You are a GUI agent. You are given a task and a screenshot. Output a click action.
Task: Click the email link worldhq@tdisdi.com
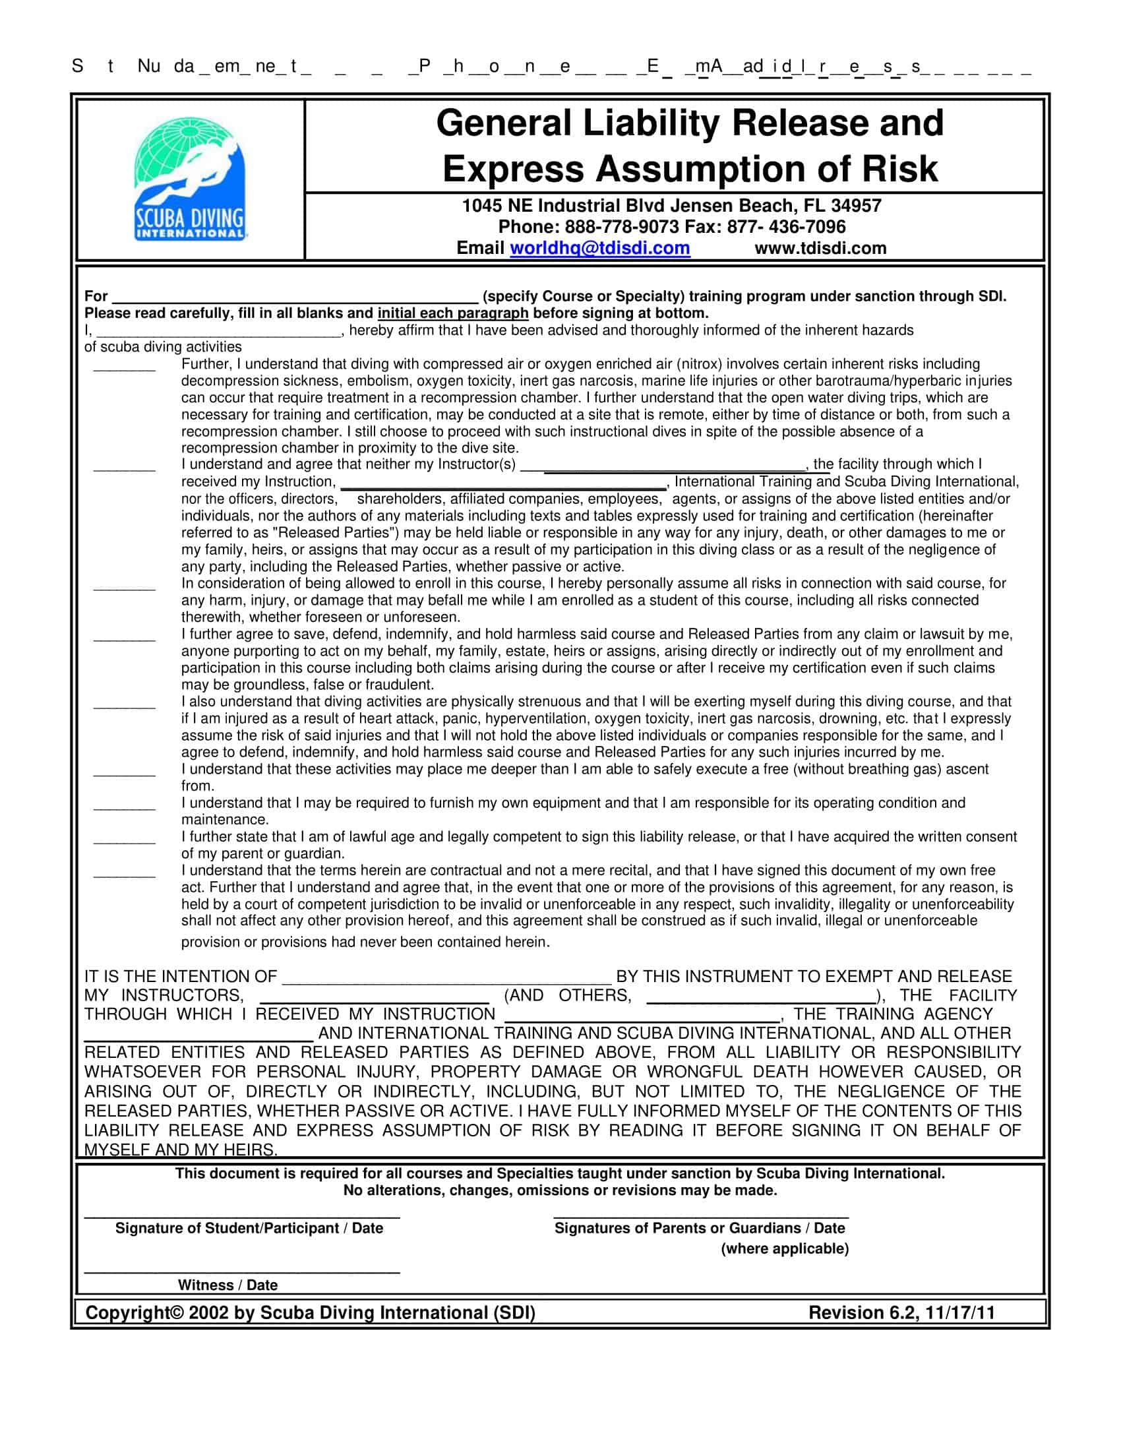(599, 249)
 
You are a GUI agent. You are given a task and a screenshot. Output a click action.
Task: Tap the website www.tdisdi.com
(820, 249)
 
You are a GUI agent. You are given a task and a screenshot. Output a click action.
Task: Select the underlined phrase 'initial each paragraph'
(453, 313)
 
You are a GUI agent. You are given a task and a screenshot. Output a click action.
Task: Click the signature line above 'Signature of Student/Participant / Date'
(243, 1215)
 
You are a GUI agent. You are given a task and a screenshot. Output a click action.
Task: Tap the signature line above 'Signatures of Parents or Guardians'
(702, 1215)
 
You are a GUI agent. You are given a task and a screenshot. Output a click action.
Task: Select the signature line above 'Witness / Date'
(243, 1272)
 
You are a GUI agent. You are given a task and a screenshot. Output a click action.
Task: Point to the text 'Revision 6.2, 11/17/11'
(901, 1313)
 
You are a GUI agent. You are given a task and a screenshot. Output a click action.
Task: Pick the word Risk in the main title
(900, 169)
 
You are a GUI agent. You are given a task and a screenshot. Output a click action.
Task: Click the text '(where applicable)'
(785, 1249)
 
